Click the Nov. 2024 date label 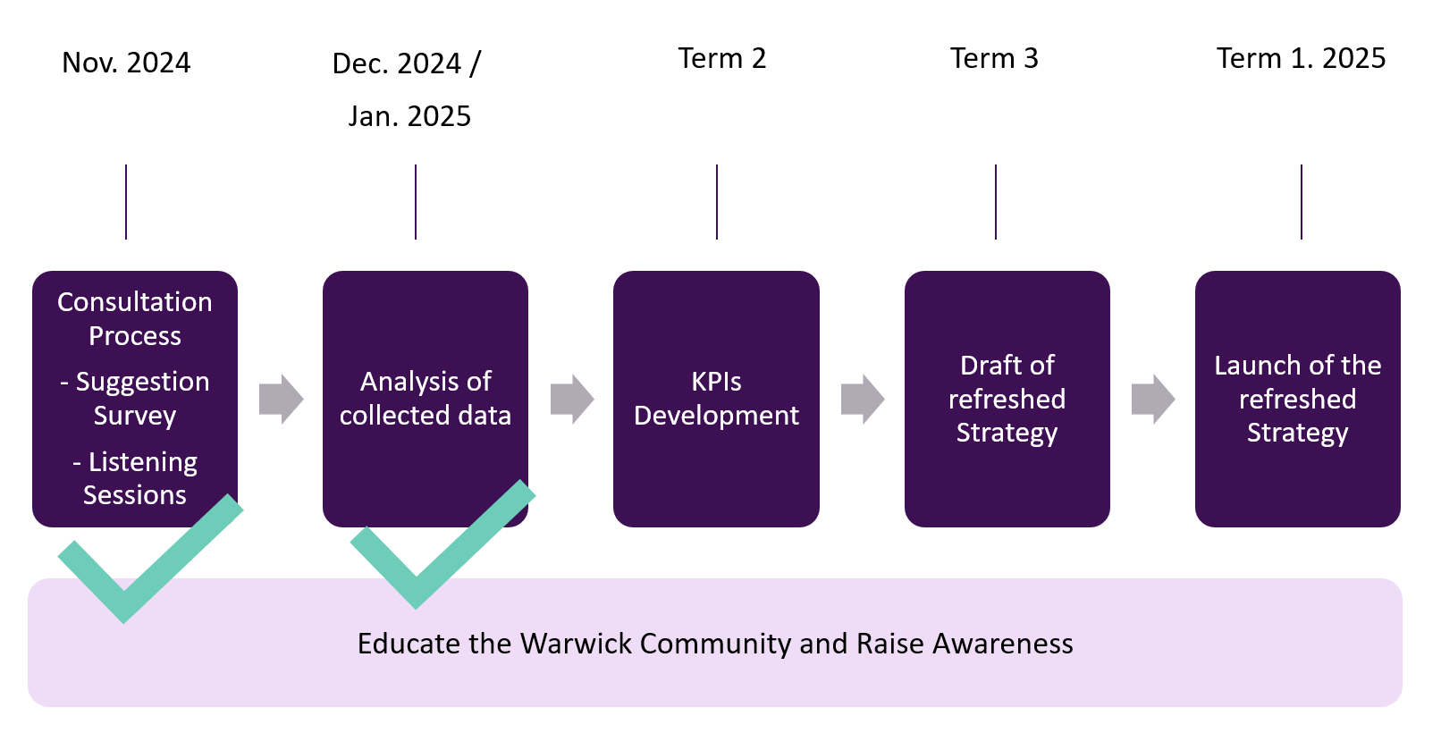[x=126, y=63]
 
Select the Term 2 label [x=721, y=58]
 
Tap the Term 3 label [x=994, y=58]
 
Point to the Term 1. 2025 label [x=1301, y=58]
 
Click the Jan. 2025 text [x=409, y=116]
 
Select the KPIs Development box [x=716, y=399]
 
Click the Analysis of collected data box [x=425, y=399]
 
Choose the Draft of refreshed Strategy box [x=1007, y=399]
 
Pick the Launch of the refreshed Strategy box [x=1297, y=399]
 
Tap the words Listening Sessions [x=135, y=478]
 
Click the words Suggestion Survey [x=136, y=399]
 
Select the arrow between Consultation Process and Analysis [x=281, y=399]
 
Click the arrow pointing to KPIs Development [x=571, y=399]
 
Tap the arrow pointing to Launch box [x=1152, y=399]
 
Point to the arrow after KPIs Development [x=862, y=399]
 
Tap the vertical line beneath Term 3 [x=995, y=202]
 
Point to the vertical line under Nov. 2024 [x=126, y=202]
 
